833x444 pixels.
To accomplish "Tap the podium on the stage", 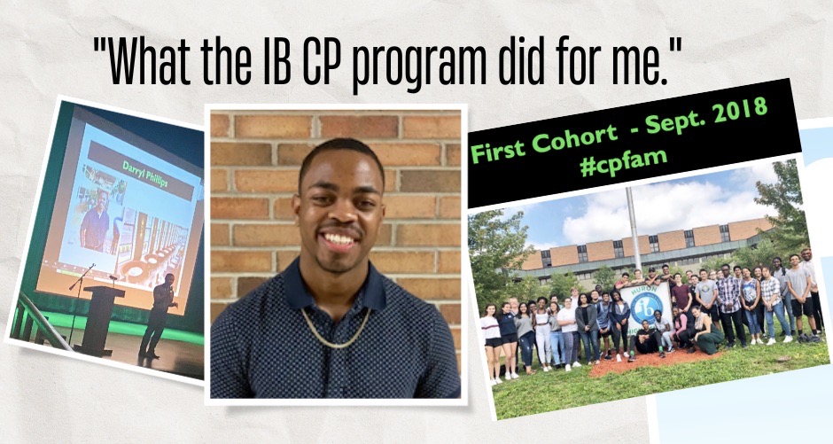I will point(99,319).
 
